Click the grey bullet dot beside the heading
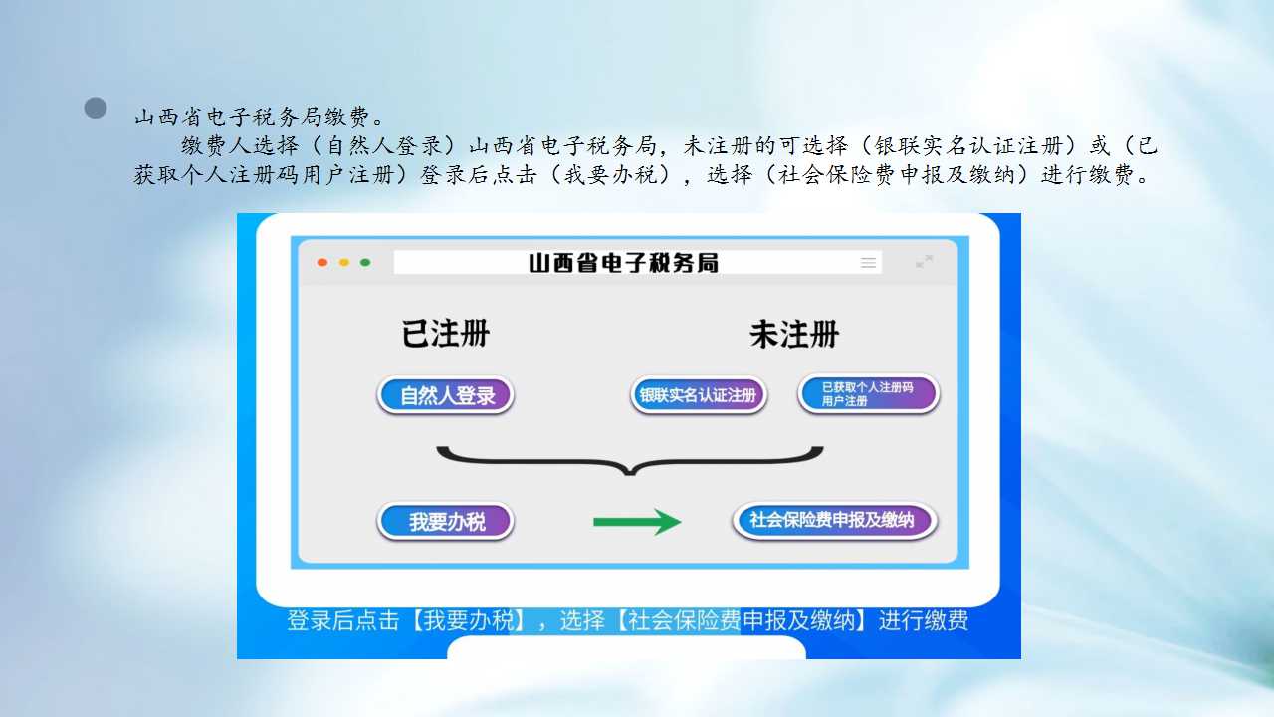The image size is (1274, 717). point(96,108)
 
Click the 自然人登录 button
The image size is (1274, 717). point(445,395)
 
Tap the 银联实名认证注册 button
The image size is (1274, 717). point(699,395)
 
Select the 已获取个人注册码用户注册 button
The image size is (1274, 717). point(869,393)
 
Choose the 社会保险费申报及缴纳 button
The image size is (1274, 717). point(834,520)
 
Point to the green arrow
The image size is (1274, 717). point(637,521)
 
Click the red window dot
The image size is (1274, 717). point(322,262)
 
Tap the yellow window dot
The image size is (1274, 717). point(344,262)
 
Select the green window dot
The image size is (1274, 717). point(365,262)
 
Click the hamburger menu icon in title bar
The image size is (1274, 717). point(869,262)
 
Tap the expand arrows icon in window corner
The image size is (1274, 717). point(925,261)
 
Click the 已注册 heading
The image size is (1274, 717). point(445,334)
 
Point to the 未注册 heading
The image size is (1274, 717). point(794,334)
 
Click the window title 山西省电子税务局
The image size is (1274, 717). point(623,263)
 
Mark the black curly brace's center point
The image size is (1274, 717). point(630,470)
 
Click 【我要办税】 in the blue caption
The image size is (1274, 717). point(468,620)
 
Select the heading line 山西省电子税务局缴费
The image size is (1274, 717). point(259,118)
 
